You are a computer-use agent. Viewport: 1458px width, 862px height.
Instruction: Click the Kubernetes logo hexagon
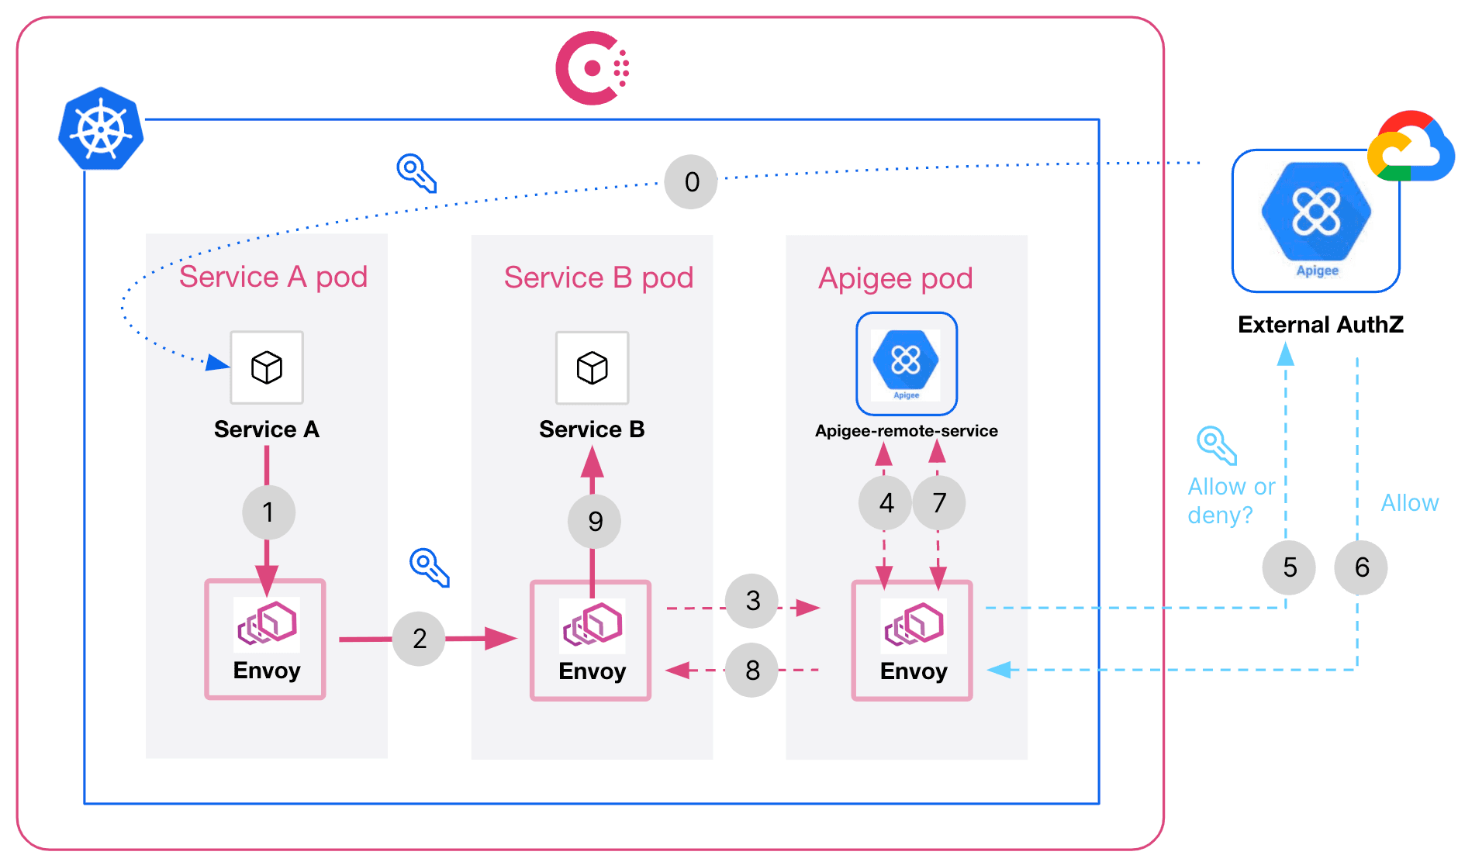click(101, 129)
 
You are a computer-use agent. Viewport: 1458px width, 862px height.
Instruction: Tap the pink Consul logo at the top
click(592, 68)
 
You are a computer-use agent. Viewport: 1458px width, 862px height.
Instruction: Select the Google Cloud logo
click(1411, 147)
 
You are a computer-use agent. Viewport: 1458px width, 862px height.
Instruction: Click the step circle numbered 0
click(691, 182)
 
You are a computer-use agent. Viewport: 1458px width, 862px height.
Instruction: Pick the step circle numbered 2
click(419, 639)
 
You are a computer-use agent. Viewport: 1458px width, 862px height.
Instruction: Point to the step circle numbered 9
click(594, 521)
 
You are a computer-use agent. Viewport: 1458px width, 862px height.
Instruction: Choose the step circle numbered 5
click(1289, 567)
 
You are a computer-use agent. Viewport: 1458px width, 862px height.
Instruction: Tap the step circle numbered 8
click(751, 670)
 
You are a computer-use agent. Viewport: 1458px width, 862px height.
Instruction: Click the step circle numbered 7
click(939, 503)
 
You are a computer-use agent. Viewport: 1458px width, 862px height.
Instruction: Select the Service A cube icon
click(267, 367)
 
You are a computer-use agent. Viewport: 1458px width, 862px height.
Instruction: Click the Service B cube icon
click(593, 368)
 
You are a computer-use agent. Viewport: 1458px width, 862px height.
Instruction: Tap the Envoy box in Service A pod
click(265, 640)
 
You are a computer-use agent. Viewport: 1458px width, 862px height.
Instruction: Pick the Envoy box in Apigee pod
click(912, 640)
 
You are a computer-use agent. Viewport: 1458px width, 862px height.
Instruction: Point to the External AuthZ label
click(1320, 324)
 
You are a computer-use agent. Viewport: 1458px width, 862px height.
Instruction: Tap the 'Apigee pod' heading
click(896, 278)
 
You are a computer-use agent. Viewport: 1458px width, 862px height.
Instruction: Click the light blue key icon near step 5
click(1216, 445)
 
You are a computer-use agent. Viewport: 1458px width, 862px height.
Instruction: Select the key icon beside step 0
click(416, 172)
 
